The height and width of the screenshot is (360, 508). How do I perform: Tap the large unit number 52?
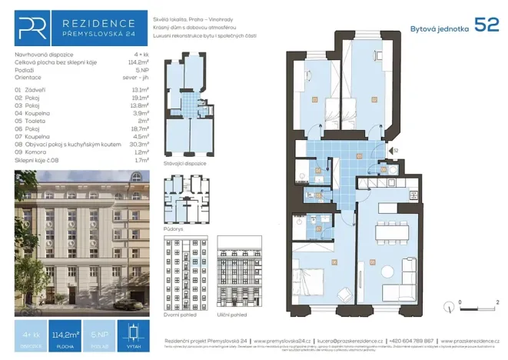486,25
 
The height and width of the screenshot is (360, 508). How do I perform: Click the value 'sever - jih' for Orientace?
135,77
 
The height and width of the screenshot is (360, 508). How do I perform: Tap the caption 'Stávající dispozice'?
184,164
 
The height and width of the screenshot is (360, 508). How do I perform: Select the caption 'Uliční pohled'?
234,315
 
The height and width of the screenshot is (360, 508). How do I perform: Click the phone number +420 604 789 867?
412,340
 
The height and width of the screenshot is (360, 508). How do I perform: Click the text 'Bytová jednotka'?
440,28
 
